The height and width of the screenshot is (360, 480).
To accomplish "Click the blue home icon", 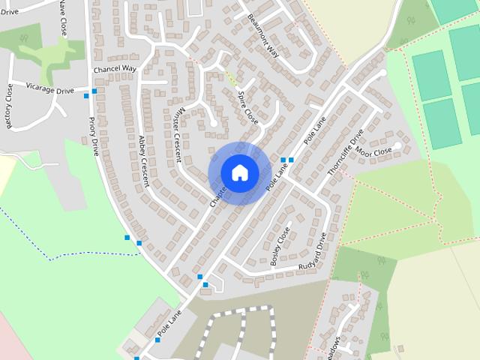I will pos(239,172).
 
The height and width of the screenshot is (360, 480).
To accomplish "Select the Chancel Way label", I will pos(115,69).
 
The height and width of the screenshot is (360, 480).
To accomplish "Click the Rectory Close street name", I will pos(10,106).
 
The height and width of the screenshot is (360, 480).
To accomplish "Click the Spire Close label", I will pos(247,109).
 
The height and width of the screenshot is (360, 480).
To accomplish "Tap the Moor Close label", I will pos(373,152).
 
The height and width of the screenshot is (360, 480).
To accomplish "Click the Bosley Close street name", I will pos(279,247).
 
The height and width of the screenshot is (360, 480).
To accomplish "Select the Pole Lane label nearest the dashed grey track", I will pos(169,323).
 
